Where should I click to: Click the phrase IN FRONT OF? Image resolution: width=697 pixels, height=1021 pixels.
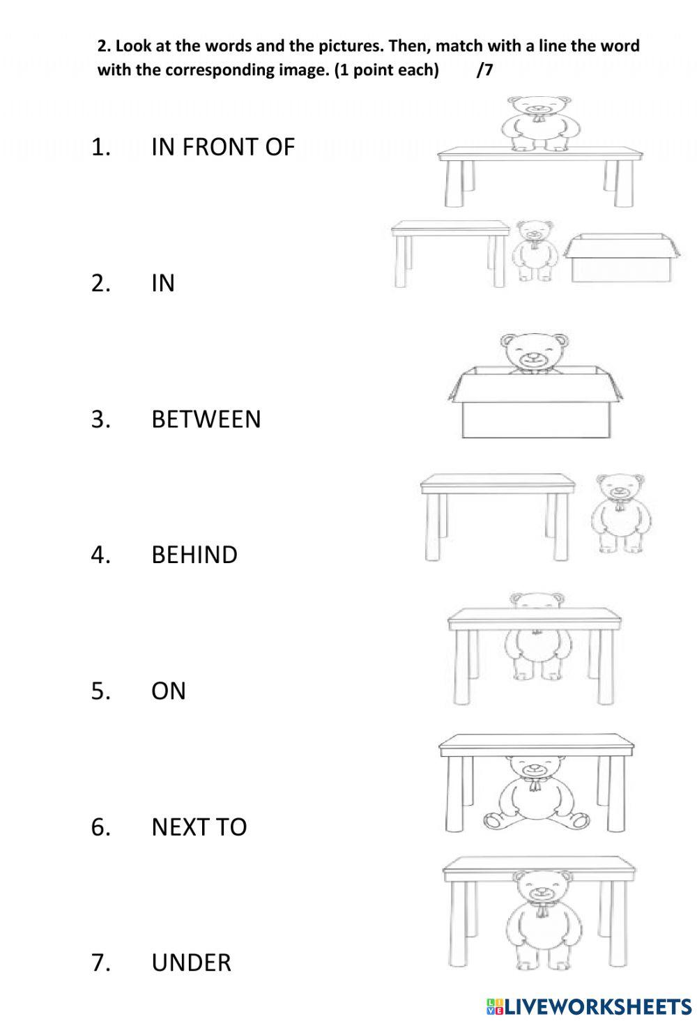pos(223,147)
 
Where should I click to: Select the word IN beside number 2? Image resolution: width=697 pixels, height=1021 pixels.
pos(163,283)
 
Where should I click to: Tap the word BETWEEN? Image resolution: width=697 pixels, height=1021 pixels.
pos(206,419)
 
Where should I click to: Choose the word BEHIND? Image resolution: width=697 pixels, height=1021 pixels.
pos(194,555)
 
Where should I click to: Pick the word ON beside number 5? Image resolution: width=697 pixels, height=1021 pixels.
pos(169,691)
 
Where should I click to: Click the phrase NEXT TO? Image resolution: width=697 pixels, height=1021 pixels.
pos(199,827)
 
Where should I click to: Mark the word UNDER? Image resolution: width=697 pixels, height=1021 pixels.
pos(191,962)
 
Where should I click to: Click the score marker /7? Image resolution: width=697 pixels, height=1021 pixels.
pos(484,70)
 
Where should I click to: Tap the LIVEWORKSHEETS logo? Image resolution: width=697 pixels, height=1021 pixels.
pos(589,1006)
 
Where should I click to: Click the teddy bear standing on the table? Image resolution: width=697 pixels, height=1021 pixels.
pos(535,124)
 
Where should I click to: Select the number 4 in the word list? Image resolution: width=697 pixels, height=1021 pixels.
pos(100,555)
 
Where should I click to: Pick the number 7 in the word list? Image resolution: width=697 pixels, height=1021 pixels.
pos(100,962)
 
